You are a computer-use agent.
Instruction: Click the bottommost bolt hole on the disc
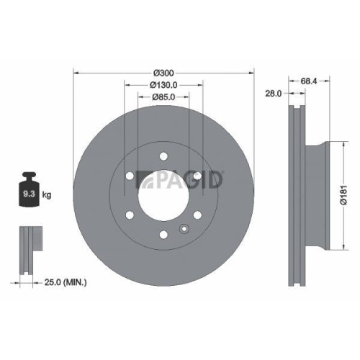coord(164,232)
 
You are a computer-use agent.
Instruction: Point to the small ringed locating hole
coord(184,230)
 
